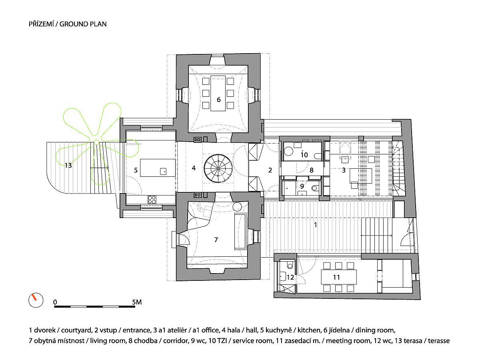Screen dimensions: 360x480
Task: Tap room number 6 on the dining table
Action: point(219,100)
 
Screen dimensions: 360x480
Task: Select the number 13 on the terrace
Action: point(68,165)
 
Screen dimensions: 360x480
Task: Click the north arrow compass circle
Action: point(35,300)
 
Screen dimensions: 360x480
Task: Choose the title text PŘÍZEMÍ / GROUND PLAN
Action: point(67,24)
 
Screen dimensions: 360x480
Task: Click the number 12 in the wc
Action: point(290,277)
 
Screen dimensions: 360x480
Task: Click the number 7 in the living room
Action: point(216,240)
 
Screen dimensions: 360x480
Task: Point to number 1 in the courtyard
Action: point(316,225)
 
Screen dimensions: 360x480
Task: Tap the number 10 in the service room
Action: point(304,154)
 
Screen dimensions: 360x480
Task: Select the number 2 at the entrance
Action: point(270,170)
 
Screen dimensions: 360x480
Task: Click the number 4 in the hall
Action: point(194,168)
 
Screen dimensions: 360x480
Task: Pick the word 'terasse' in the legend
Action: point(439,341)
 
